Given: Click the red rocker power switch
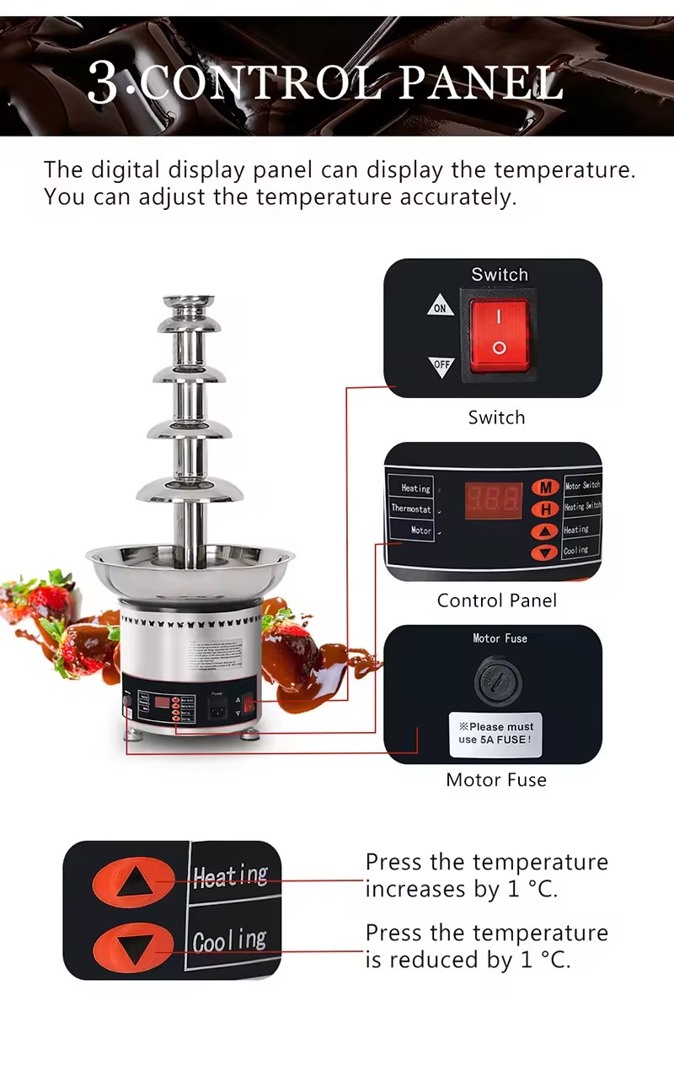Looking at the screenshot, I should [x=499, y=334].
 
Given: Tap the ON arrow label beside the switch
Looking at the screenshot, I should [x=440, y=307].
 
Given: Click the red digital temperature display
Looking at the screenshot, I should [x=494, y=499].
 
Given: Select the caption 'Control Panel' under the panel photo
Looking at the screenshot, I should [x=496, y=600].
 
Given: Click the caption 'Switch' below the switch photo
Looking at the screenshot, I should [x=496, y=417].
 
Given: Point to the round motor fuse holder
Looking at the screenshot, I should [x=494, y=678].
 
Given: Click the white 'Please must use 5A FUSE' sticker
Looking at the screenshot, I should [x=495, y=733].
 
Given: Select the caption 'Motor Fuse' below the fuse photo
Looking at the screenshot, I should [x=496, y=780].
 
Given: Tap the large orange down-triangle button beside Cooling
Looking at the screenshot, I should [x=134, y=947].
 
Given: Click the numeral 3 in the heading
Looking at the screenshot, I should [x=103, y=82].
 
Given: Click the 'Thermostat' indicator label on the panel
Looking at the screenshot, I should [x=411, y=509].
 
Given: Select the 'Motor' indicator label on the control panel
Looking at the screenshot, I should [x=420, y=530].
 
